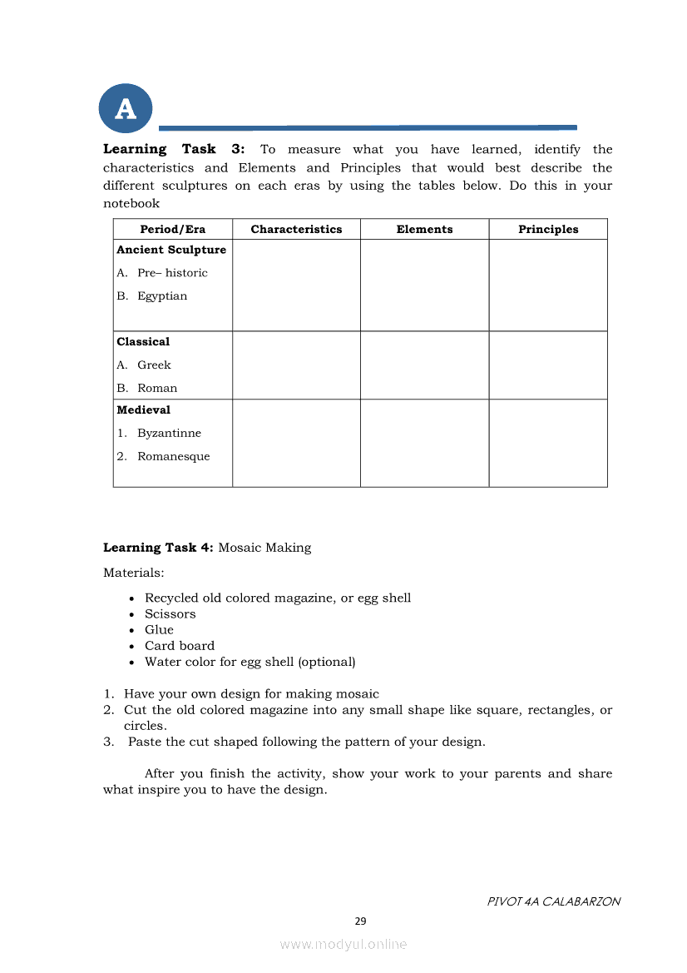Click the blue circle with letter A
(126, 108)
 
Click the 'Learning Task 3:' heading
(174, 150)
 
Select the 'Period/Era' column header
(172, 230)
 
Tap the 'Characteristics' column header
(296, 230)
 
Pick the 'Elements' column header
(424, 230)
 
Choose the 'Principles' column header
(548, 230)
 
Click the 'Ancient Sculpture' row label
(171, 250)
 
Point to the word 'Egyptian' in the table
(162, 296)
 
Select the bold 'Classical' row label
(143, 342)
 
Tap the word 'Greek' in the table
(154, 365)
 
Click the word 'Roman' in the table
(157, 389)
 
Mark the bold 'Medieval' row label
(143, 410)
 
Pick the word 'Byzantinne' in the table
(169, 434)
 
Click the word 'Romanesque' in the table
(173, 457)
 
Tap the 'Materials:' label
(133, 573)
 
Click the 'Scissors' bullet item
(170, 614)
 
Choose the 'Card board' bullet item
(179, 646)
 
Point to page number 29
(360, 921)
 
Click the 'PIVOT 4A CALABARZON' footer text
(553, 901)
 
